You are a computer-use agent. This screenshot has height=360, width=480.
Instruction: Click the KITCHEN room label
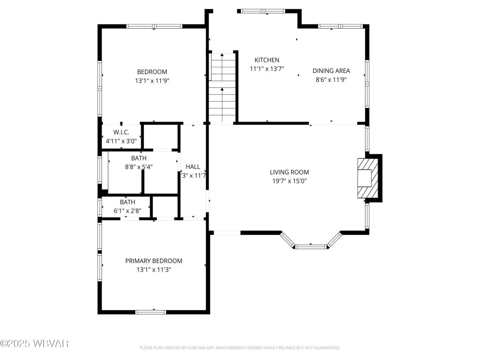tap(267, 60)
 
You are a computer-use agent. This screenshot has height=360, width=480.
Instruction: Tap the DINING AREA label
tap(331, 71)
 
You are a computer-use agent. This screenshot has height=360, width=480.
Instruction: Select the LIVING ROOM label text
tap(289, 172)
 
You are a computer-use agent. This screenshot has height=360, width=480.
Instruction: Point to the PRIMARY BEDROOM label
tap(154, 261)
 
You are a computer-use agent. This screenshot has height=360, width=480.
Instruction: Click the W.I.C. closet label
tap(121, 132)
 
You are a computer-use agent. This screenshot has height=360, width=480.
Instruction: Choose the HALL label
tap(193, 167)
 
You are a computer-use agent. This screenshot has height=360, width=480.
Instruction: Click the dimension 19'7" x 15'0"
tap(289, 181)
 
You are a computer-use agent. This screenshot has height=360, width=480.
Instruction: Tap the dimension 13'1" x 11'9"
tap(151, 81)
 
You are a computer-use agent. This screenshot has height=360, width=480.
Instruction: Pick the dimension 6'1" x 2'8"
tap(127, 210)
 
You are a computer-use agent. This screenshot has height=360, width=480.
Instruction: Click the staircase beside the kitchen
tap(222, 88)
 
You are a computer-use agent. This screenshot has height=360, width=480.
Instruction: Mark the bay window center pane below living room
tap(310, 246)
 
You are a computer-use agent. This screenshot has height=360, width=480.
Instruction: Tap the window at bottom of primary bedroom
tap(151, 312)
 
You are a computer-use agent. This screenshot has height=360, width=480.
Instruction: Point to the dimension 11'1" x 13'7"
tap(267, 69)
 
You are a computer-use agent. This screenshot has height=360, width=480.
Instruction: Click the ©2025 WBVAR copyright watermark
tap(35, 343)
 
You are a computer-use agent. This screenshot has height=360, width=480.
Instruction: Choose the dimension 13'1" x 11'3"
tap(154, 270)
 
